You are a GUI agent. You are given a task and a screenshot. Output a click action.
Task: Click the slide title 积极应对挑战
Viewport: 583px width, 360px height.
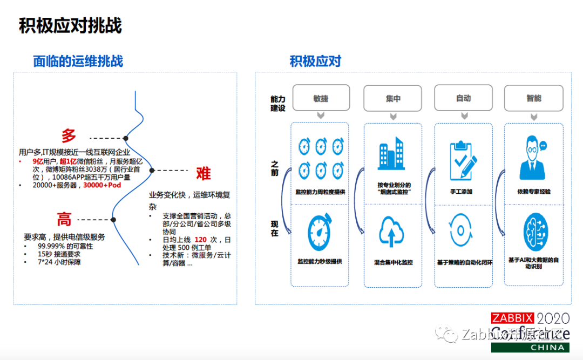(70, 25)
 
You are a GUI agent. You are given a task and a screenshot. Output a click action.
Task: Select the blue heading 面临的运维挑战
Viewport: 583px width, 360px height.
(78, 61)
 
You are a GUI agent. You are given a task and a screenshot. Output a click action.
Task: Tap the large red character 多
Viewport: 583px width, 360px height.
(69, 136)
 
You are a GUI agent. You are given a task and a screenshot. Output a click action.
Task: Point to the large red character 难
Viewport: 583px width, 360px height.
(203, 173)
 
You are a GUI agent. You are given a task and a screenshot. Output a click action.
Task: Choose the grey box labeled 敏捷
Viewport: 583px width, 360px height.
(320, 98)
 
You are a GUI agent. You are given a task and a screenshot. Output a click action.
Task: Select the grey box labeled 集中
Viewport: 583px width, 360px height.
(393, 98)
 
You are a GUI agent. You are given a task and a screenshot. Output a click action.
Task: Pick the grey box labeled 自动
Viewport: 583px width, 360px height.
(463, 98)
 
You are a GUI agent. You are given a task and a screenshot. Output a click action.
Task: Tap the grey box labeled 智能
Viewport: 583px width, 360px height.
(533, 98)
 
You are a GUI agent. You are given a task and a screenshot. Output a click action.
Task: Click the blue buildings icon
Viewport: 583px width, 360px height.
(392, 154)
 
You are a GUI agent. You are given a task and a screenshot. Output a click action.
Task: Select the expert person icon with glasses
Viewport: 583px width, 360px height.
(533, 158)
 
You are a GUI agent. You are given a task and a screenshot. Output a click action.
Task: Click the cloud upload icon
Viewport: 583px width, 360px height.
(392, 231)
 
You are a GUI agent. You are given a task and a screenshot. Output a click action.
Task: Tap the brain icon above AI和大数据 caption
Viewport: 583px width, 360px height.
(533, 232)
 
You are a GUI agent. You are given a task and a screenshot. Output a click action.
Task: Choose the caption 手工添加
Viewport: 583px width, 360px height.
(463, 192)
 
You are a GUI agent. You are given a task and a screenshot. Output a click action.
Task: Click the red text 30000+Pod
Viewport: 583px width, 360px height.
(102, 185)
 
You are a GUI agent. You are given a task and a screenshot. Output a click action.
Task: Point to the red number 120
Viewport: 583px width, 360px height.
(201, 239)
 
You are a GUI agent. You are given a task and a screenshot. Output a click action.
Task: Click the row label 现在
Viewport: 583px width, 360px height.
(275, 228)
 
